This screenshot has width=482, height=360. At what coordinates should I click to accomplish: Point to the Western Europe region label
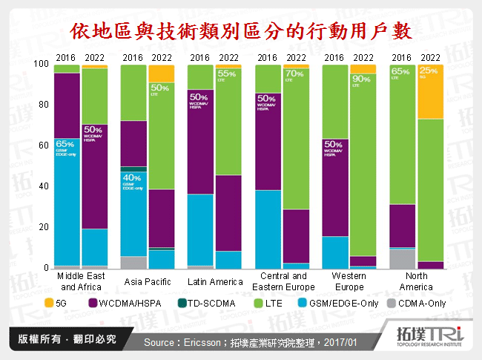[x=349, y=281]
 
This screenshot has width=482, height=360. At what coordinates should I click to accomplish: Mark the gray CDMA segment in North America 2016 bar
[x=401, y=258]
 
